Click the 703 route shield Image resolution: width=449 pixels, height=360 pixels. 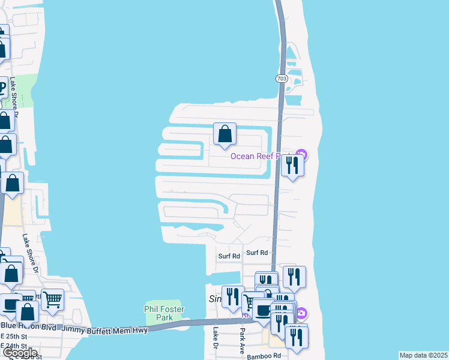(282, 78)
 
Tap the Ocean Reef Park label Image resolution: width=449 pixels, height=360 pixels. (264, 157)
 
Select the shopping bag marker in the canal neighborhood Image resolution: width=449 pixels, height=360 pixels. (224, 134)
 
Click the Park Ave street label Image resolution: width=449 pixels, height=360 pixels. (243, 339)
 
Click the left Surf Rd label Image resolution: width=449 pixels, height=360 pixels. (229, 256)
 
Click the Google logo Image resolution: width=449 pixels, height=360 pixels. (19, 353)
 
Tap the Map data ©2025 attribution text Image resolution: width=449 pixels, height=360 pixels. (423, 355)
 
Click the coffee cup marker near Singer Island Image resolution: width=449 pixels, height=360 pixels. (262, 310)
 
